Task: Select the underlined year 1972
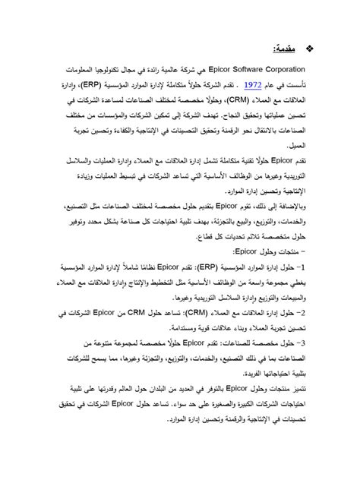pyautogui.click(x=253, y=85)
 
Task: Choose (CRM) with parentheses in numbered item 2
pyautogui.click(x=219, y=312)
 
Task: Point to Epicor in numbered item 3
pyautogui.click(x=196, y=343)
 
